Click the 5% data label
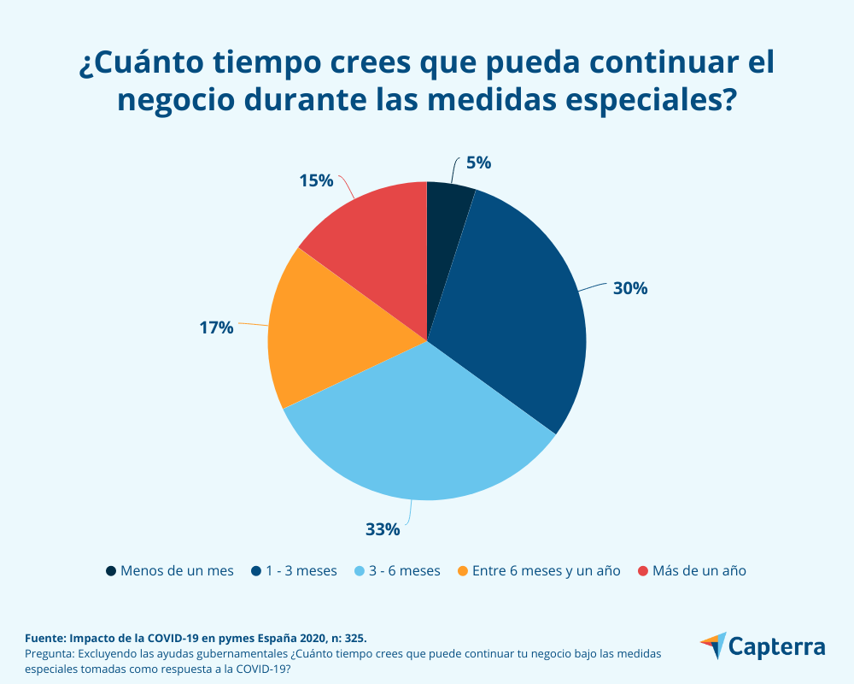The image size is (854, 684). click(x=478, y=163)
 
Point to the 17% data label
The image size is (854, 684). click(x=216, y=327)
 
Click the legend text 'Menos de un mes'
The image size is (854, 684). click(x=177, y=570)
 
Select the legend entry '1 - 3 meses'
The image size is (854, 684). click(x=301, y=570)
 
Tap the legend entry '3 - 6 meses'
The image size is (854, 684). click(x=404, y=570)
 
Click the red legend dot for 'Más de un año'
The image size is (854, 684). click(x=643, y=570)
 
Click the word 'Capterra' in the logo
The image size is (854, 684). click(x=778, y=646)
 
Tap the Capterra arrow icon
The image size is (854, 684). click(x=713, y=646)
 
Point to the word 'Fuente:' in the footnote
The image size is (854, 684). click(x=45, y=638)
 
